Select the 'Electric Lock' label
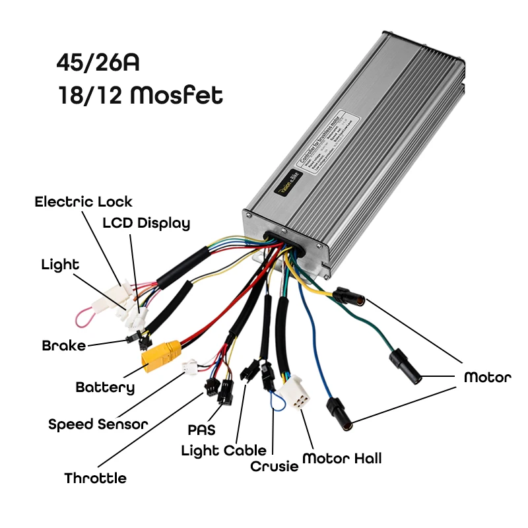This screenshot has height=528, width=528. coord(83,201)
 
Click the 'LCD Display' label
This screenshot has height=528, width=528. coord(146,222)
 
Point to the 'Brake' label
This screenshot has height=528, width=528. coord(63,345)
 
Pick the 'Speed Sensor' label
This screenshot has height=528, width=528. coord(98,424)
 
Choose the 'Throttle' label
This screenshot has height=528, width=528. coord(95,478)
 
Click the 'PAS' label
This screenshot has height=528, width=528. coord(201,430)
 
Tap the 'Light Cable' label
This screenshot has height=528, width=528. coord(224,451)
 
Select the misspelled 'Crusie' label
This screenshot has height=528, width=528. coord(274,466)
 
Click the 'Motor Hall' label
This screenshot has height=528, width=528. coord(341,458)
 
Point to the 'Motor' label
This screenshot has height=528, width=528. coord(487,378)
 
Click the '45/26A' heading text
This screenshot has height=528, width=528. coord(98,64)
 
